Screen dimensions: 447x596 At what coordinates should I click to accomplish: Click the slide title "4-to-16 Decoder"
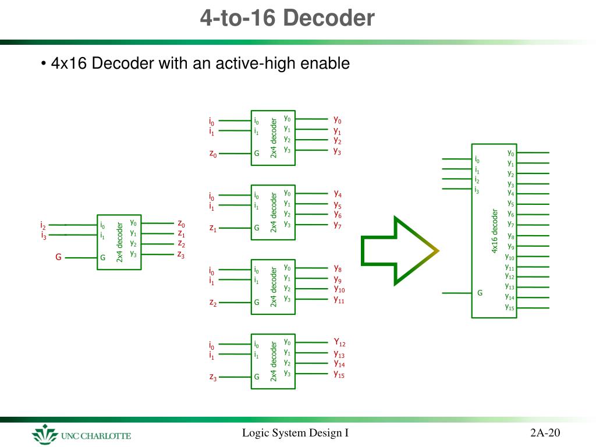288,19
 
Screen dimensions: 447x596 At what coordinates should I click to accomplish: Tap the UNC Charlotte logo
81,435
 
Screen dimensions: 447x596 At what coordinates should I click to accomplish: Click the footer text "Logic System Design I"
295,432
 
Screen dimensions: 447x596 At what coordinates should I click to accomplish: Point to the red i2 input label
43,225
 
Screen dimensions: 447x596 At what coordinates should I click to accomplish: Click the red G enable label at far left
58,256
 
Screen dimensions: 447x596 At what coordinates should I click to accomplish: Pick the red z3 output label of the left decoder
181,254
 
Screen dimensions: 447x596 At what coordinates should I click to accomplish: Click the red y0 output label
337,119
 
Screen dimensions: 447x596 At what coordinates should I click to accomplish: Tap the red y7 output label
338,225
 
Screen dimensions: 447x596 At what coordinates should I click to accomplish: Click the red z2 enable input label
213,303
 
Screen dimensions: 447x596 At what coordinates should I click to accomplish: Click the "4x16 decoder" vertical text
495,230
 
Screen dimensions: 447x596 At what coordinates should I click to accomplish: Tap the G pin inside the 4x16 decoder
480,293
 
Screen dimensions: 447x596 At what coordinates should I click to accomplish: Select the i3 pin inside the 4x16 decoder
477,190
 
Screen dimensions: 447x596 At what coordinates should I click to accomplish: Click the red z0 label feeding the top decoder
213,154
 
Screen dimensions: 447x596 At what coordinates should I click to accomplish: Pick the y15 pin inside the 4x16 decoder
509,307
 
